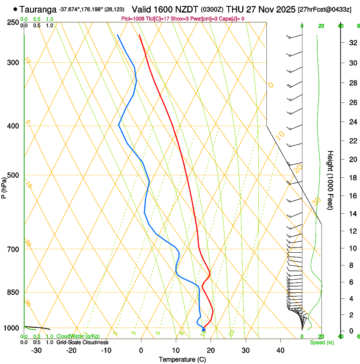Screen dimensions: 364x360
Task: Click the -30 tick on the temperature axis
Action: coord(36,350)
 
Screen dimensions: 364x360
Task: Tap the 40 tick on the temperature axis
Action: coord(280,350)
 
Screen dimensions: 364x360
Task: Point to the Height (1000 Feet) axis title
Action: coord(330,180)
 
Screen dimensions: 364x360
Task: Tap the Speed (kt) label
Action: coord(321,342)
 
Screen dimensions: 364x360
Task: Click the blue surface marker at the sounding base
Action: coord(204,330)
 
